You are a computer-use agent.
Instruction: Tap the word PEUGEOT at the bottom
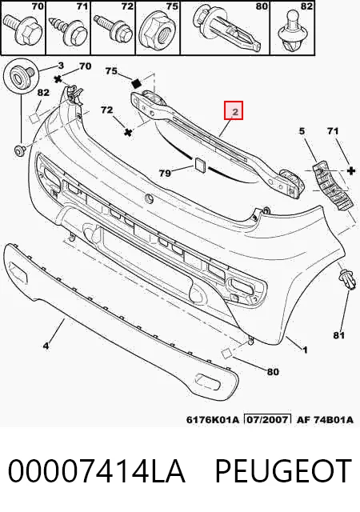coord(283,470)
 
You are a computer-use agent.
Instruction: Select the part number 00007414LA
coord(97,470)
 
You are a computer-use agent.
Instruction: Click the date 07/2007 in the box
coord(268,419)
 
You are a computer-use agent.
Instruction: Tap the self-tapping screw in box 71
coord(70,30)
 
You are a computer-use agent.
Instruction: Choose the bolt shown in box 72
coord(113,30)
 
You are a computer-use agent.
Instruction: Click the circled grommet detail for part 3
coord(21,77)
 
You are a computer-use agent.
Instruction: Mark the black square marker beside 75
coord(136,83)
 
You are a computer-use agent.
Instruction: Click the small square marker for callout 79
coord(199,164)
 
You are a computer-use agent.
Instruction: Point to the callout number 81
coord(339,335)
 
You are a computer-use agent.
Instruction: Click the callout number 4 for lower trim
coord(46,345)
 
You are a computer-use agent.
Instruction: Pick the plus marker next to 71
coord(351,170)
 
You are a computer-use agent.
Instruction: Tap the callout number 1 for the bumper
coord(305,350)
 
